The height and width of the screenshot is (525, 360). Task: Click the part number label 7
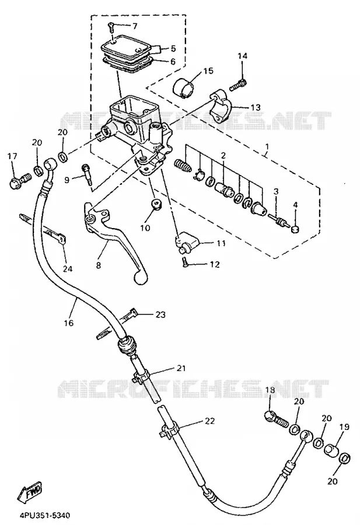click(x=135, y=26)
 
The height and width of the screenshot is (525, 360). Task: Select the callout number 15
click(x=208, y=71)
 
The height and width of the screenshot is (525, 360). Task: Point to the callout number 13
click(x=256, y=107)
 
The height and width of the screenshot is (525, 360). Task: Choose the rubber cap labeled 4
click(x=295, y=229)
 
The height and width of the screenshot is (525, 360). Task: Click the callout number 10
click(x=145, y=228)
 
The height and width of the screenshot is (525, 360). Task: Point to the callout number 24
click(x=68, y=268)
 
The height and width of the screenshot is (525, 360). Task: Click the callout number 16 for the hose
click(x=69, y=323)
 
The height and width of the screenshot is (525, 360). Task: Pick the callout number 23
click(x=160, y=315)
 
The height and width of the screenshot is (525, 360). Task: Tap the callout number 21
click(x=181, y=368)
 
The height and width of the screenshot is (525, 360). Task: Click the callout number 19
click(x=344, y=427)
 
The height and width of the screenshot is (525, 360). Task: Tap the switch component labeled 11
click(x=187, y=243)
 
